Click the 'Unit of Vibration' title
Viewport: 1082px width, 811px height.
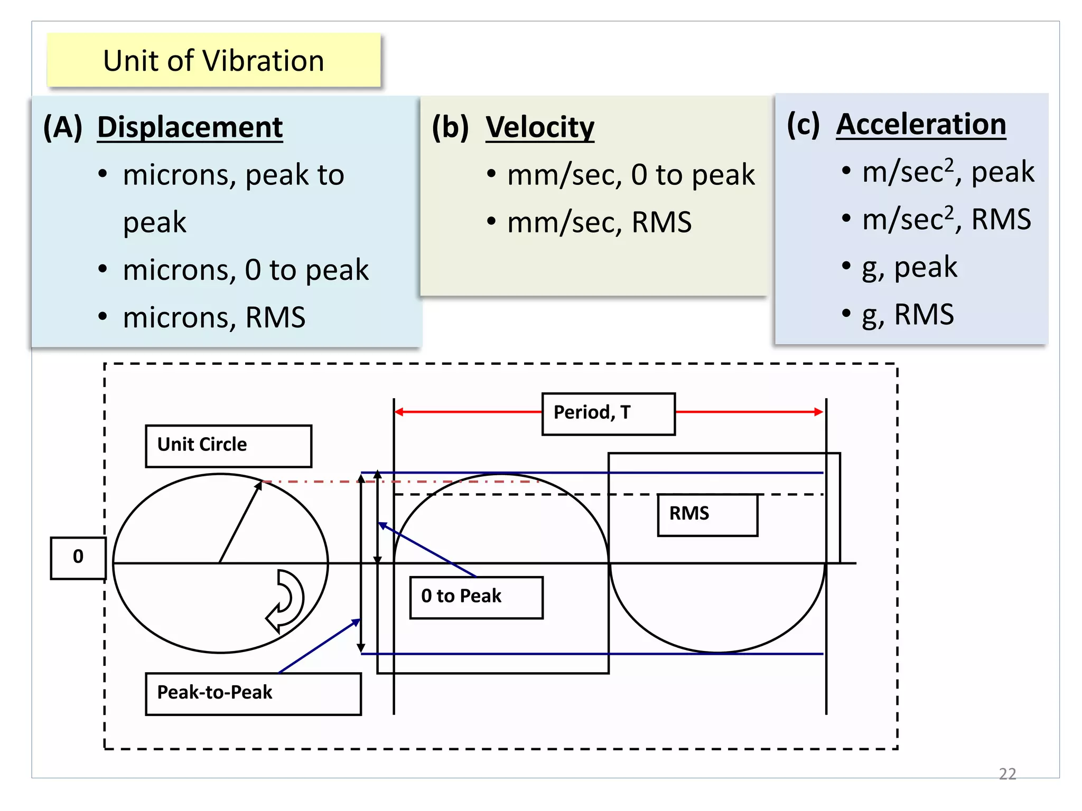click(x=213, y=61)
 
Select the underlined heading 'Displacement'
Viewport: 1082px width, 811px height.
click(x=190, y=127)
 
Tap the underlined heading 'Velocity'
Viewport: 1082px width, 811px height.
click(x=540, y=127)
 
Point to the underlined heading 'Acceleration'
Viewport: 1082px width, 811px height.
click(x=921, y=125)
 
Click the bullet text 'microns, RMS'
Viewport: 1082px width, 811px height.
click(x=214, y=317)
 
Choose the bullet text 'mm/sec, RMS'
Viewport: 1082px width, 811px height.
click(x=599, y=222)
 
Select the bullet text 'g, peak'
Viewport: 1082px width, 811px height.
click(x=909, y=267)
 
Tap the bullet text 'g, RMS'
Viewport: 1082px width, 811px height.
click(x=908, y=315)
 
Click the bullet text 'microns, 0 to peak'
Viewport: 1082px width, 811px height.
click(x=246, y=270)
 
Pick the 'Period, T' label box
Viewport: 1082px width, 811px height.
click(x=609, y=413)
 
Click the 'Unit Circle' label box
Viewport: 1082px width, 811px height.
click(x=228, y=446)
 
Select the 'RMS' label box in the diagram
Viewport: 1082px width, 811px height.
click(x=707, y=515)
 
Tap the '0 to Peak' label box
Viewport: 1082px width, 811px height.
click(x=476, y=597)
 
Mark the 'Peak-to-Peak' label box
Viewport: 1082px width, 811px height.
click(x=253, y=693)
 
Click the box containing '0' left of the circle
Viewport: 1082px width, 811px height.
click(x=78, y=558)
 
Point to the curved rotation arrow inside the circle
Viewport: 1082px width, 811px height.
click(x=285, y=601)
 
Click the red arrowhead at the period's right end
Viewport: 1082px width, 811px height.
click(x=818, y=412)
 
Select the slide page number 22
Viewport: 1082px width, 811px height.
click(x=1007, y=774)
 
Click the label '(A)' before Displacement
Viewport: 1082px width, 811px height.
click(x=63, y=127)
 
